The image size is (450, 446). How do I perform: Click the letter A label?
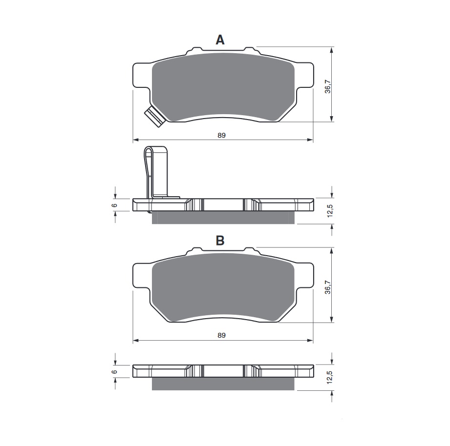220,40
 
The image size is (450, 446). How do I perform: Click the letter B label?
220,241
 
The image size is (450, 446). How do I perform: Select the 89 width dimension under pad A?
222,135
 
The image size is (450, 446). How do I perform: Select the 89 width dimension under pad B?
222,335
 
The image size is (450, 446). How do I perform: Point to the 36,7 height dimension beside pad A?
328,85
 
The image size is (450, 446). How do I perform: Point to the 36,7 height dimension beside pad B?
328,285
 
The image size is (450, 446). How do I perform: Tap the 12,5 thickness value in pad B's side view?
330,377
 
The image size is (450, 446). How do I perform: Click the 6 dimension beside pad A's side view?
114,205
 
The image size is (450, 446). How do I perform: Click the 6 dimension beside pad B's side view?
114,371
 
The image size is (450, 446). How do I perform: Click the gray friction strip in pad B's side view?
224,384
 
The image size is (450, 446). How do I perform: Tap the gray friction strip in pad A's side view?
224,218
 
